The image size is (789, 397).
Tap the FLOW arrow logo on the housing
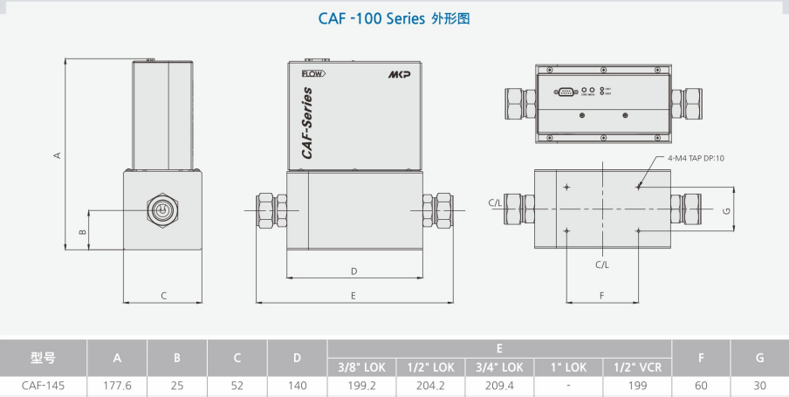pyautogui.click(x=312, y=74)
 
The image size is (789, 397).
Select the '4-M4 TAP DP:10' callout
pyautogui.click(x=696, y=158)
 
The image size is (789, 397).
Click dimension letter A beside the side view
pyautogui.click(x=57, y=155)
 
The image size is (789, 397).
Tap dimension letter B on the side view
pyautogui.click(x=81, y=232)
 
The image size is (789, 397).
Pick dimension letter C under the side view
pyautogui.click(x=163, y=295)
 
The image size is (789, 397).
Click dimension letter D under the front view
pyautogui.click(x=353, y=271)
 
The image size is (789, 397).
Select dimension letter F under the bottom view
pyautogui.click(x=602, y=295)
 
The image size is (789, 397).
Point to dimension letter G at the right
pyautogui.click(x=726, y=210)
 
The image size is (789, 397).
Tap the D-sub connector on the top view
pyautogui.click(x=565, y=90)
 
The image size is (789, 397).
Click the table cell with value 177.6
pyautogui.click(x=117, y=385)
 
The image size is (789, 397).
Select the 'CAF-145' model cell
pyautogui.click(x=43, y=385)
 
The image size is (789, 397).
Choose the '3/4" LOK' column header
pyautogui.click(x=499, y=367)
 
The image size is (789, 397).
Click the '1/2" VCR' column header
pyautogui.click(x=638, y=367)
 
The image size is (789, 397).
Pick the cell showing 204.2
pyautogui.click(x=430, y=385)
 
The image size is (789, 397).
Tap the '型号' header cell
pyautogui.click(x=43, y=358)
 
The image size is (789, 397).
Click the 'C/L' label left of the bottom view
pyautogui.click(x=495, y=202)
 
